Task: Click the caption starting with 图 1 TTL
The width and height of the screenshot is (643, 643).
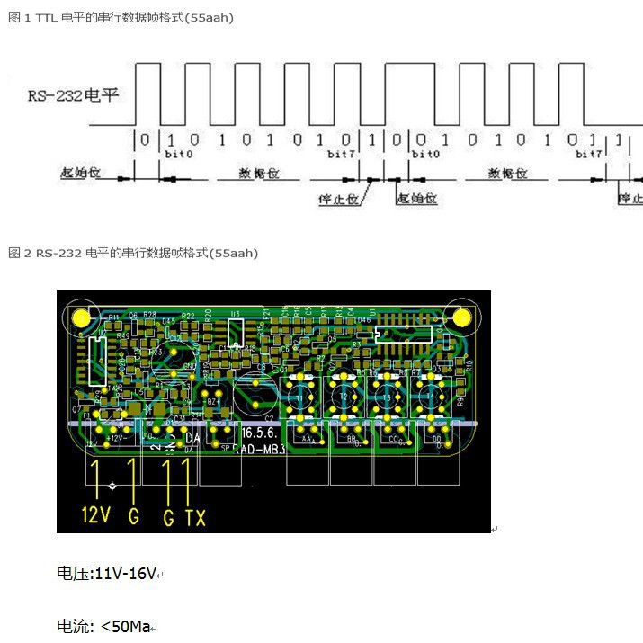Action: point(121,18)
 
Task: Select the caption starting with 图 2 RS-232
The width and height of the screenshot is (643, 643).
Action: point(133,254)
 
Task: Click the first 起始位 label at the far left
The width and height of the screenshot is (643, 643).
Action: point(77,172)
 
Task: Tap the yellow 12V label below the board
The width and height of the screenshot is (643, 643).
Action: point(96,516)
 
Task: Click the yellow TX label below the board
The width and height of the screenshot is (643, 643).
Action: point(195,516)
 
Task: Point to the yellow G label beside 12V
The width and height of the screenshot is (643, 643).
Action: point(135,516)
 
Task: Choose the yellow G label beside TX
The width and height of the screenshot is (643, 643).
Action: point(167,516)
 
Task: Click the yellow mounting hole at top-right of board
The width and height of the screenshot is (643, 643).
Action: point(463,317)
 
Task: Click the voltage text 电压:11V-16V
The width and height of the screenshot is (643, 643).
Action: point(107,573)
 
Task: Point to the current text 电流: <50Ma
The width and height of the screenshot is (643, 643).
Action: point(103,626)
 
